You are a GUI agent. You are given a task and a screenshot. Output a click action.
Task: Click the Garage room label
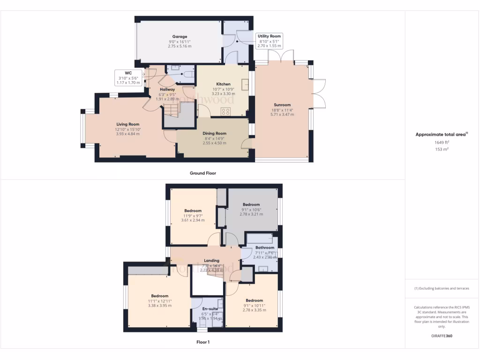pos(180,37)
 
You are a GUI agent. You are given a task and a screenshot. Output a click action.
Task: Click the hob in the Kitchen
pos(225,112)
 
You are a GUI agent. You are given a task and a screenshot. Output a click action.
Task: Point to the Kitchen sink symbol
pos(245,84)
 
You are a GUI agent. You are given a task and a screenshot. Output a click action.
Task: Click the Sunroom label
pos(283,105)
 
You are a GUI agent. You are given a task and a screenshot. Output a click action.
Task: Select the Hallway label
pos(167,90)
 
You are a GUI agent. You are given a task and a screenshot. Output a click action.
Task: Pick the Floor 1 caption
pos(202,342)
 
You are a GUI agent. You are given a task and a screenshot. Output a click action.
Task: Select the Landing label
pos(212,261)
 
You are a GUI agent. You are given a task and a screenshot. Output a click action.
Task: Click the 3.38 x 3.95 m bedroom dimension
pos(160,306)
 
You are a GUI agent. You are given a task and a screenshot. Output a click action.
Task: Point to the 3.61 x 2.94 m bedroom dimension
pos(193,220)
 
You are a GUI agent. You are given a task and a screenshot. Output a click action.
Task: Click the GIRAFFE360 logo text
pos(442,336)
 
